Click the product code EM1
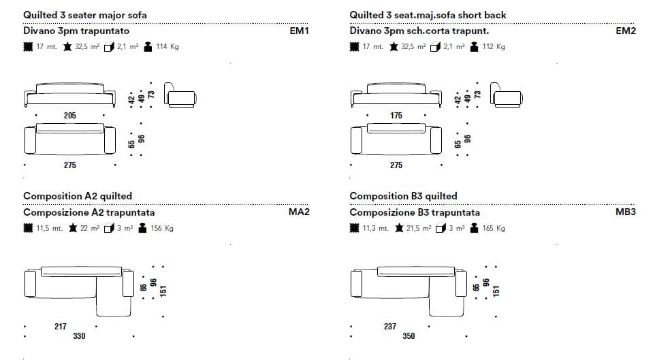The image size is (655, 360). (299, 31)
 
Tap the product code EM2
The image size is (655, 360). (625, 31)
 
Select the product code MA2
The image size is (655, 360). (299, 212)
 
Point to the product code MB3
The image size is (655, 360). (625, 212)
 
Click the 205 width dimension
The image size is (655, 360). (69, 116)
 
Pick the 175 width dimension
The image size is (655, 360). (396, 116)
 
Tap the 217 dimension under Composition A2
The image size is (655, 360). (60, 327)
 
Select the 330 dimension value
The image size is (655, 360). (79, 336)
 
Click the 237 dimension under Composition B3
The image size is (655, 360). (390, 327)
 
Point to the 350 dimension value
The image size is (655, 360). (409, 336)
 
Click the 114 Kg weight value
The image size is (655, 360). (167, 47)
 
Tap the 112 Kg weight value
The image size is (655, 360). (494, 47)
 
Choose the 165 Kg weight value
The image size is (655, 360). (494, 228)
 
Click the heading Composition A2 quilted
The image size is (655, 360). (78, 196)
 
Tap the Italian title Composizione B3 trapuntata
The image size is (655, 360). (415, 212)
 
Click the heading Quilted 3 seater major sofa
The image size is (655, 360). (84, 14)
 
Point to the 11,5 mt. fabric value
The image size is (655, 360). (49, 228)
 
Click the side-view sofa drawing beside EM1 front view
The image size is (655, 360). (181, 97)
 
